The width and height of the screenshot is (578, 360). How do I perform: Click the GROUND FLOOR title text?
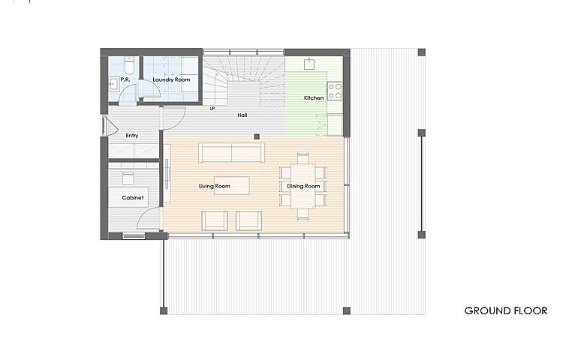(x=506, y=310)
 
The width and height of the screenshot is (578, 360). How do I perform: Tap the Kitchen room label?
(x=314, y=98)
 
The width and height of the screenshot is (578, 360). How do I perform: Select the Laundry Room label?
(x=171, y=79)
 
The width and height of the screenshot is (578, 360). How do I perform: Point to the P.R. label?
(x=125, y=79)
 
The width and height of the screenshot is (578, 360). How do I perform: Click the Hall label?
(x=242, y=115)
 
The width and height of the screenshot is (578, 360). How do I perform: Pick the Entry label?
(x=132, y=136)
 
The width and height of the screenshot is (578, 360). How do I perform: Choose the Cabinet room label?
(x=133, y=198)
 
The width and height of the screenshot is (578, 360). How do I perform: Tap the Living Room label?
(x=215, y=186)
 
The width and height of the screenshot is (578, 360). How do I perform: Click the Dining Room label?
(x=303, y=186)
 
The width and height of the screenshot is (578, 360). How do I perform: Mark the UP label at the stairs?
(x=212, y=109)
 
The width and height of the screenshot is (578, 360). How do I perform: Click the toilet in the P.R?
(x=129, y=65)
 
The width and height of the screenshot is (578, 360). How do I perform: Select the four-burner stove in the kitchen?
(x=335, y=91)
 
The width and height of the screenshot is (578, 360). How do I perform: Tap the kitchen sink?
(x=309, y=64)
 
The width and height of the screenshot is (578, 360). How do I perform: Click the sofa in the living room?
(x=231, y=152)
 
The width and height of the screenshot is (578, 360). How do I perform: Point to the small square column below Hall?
(x=257, y=136)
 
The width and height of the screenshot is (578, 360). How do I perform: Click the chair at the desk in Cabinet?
(x=128, y=178)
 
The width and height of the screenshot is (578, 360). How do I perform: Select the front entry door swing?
(x=110, y=126)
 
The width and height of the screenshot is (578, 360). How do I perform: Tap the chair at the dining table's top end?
(x=303, y=158)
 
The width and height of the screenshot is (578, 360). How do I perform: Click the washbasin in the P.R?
(x=113, y=84)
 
